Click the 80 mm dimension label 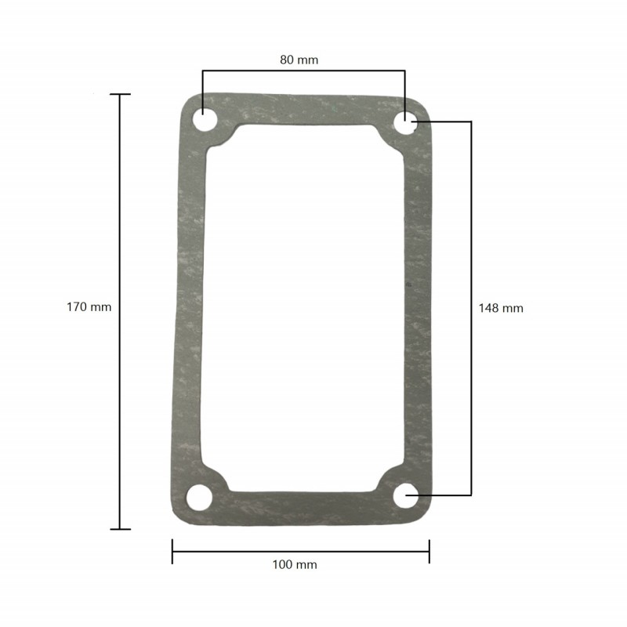point(299,60)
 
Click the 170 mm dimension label point(89,307)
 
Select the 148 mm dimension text point(500,308)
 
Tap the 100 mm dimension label point(295,564)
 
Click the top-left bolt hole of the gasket point(204,122)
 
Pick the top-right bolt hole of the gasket point(404,122)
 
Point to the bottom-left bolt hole point(200,497)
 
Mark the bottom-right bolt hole point(407,495)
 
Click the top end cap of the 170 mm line point(120,94)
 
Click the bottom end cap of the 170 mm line point(120,529)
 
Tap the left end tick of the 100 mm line point(172,551)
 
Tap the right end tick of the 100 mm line point(429,551)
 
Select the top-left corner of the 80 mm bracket point(203,71)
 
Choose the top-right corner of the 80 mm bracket point(404,71)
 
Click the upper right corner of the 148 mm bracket point(471,121)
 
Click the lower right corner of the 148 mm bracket point(471,495)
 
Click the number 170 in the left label point(77,307)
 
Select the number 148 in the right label point(489,308)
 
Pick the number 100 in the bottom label point(283,564)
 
